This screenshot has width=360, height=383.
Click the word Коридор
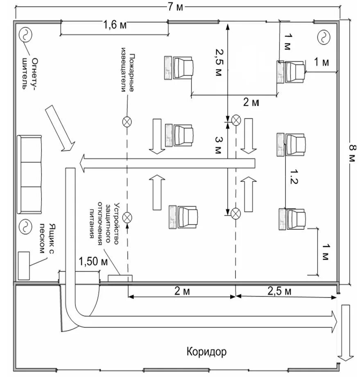[x=206, y=351]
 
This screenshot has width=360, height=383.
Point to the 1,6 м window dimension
[x=114, y=25]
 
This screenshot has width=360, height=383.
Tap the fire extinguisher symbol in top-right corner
[x=324, y=37]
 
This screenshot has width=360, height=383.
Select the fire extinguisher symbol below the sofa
[x=25, y=225]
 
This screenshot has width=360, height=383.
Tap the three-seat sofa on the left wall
[x=29, y=175]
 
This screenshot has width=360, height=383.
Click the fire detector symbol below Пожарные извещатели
[x=127, y=121]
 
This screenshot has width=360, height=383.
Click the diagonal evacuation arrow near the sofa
[x=59, y=128]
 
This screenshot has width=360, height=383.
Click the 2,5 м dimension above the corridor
[x=280, y=291]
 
